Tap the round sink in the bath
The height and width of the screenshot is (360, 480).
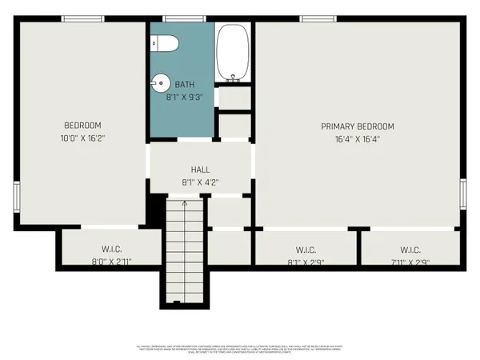pyautogui.click(x=160, y=82)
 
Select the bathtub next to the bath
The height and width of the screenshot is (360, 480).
pyautogui.click(x=234, y=53)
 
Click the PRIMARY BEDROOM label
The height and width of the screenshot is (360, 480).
pyautogui.click(x=358, y=126)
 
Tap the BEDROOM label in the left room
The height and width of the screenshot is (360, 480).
pyautogui.click(x=83, y=125)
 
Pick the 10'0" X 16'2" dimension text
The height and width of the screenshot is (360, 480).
pyautogui.click(x=83, y=138)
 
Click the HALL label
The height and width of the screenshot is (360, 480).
pyautogui.click(x=200, y=170)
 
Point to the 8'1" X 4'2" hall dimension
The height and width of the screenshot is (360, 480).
pyautogui.click(x=200, y=182)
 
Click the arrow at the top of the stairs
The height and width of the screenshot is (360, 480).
pyautogui.click(x=186, y=205)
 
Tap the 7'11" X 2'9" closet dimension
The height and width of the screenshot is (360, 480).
pyautogui.click(x=410, y=262)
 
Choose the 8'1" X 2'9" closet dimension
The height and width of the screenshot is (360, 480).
pyautogui.click(x=306, y=262)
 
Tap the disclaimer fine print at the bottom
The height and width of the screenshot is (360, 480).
pyautogui.click(x=240, y=349)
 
